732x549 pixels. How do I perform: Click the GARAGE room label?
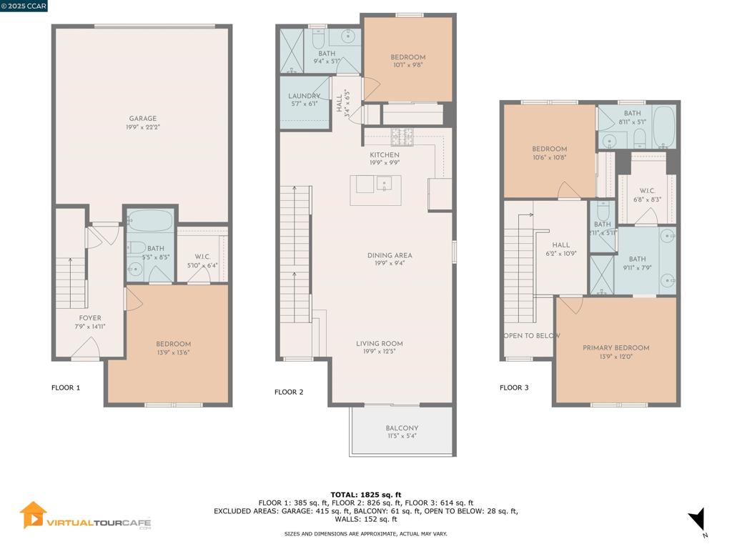143,119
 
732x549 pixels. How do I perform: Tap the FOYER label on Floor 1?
90,318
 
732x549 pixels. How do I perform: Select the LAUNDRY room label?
304,96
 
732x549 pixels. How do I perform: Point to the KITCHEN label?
385,154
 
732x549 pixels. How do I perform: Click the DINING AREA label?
390,255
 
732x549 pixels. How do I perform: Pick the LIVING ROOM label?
380,344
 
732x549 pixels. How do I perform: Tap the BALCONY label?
402,428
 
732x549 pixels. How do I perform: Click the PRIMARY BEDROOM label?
615,348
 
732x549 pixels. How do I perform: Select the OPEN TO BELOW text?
532,336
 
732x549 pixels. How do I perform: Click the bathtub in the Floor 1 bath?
150,220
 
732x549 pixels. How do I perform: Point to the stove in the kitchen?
402,137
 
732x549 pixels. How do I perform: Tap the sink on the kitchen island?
384,184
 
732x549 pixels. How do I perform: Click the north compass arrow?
697,519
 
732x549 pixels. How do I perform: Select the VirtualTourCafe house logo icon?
33,515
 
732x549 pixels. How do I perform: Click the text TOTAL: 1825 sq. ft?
366,495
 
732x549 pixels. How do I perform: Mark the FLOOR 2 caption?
289,392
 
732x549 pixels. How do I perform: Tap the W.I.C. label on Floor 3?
647,191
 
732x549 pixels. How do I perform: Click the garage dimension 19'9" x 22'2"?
143,127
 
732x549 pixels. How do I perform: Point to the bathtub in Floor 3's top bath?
664,126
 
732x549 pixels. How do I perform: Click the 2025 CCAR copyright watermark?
24,6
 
